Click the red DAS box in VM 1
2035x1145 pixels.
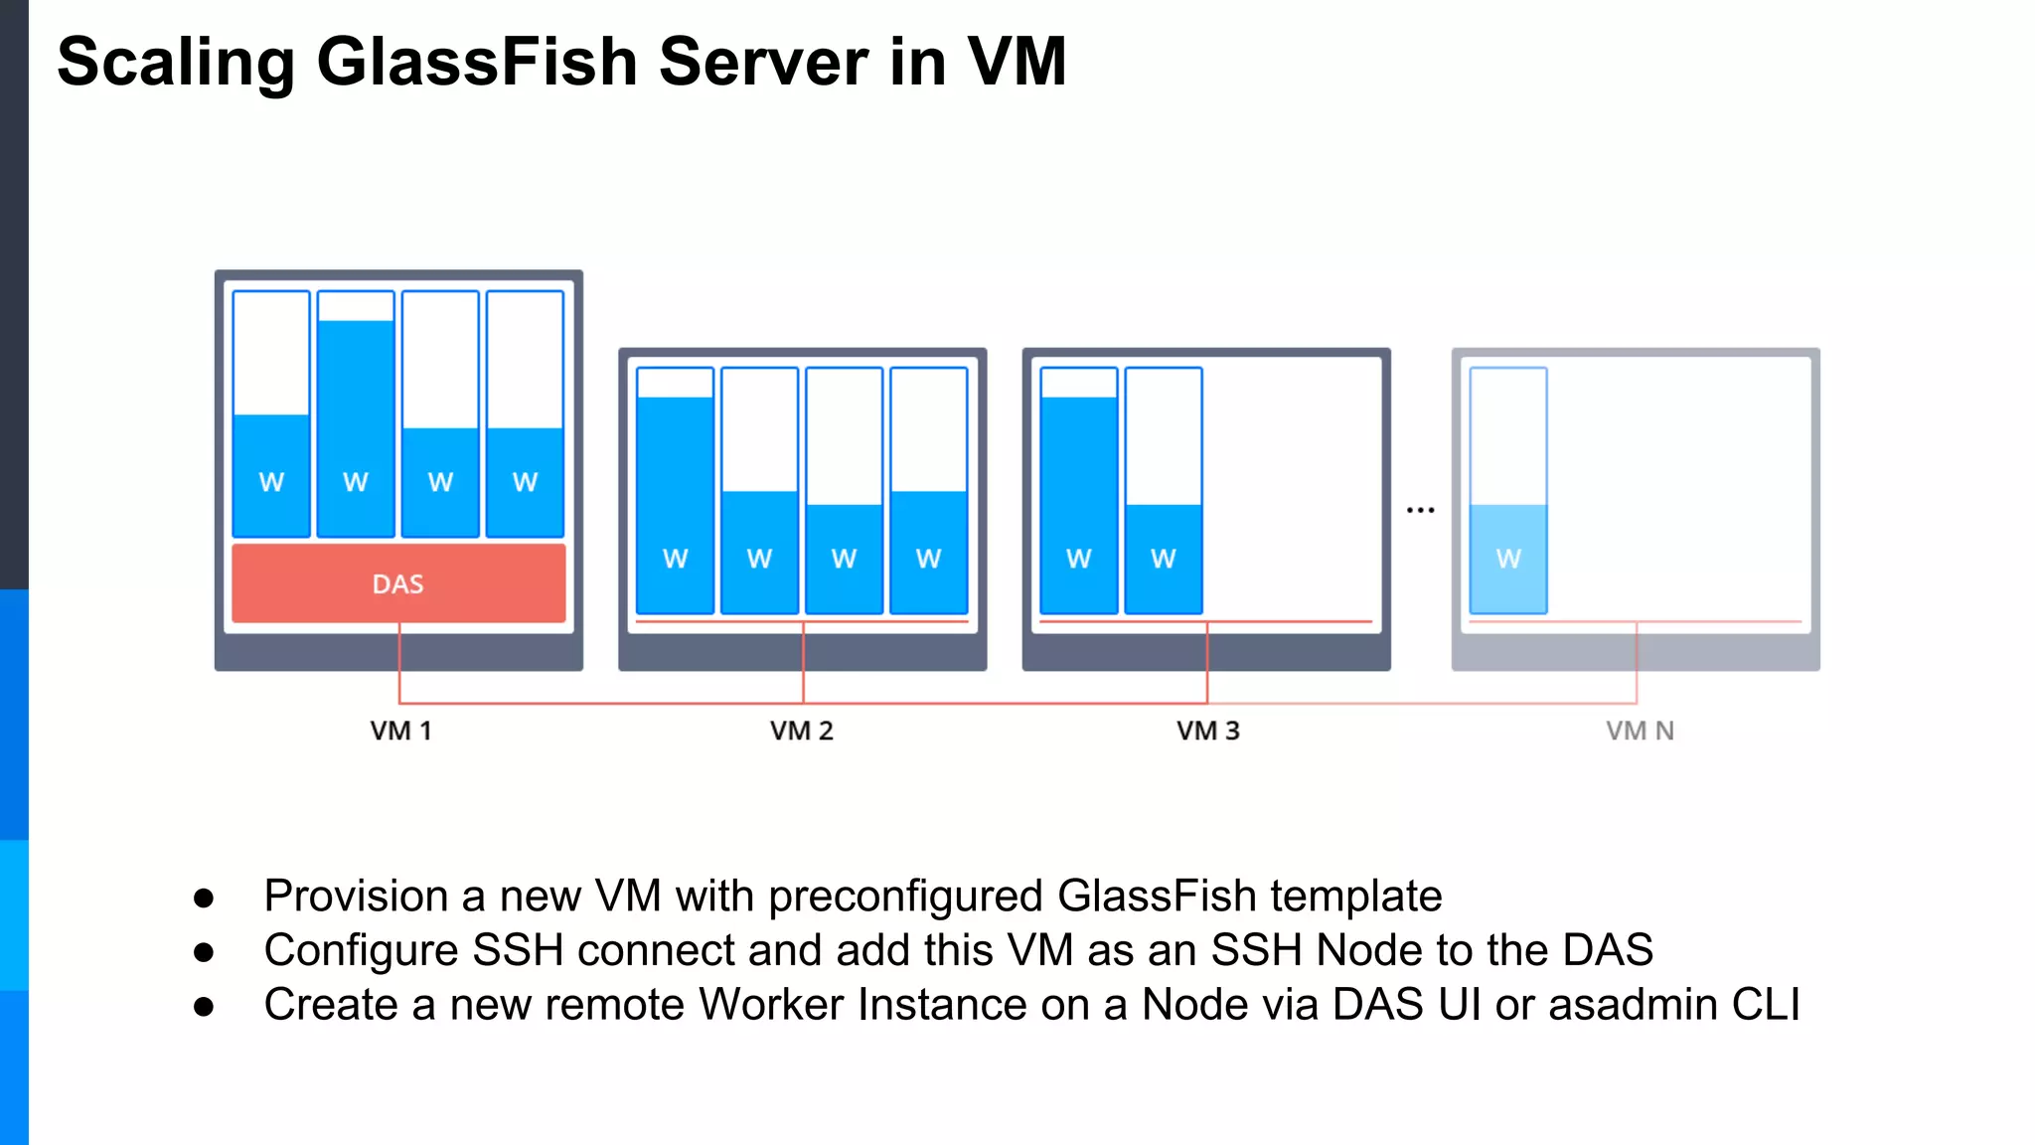coord(398,583)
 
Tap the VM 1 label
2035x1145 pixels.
coord(400,732)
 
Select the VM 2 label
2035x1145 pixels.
coord(801,732)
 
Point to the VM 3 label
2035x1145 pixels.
coord(1207,732)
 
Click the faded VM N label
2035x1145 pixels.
coord(1640,732)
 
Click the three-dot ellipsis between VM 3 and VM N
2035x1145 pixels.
coord(1420,510)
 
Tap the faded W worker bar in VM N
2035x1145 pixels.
coord(1508,558)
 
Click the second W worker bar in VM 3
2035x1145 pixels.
coord(1164,557)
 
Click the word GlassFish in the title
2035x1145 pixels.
coord(476,62)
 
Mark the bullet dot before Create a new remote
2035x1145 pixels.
coord(204,1007)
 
